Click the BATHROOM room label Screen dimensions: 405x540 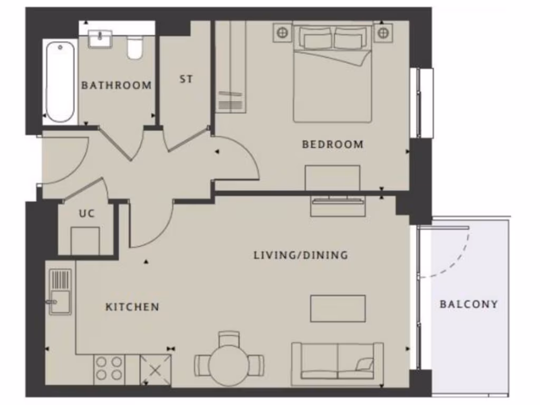(116, 85)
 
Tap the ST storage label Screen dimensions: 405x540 (186, 79)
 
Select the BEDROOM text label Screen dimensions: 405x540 (332, 144)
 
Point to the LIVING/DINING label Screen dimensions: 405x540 (301, 255)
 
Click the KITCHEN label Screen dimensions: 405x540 (132, 307)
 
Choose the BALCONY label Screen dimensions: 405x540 (469, 304)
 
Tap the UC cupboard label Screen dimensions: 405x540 (86, 214)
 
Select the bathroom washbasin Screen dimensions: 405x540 (100, 39)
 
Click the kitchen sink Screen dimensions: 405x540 (60, 292)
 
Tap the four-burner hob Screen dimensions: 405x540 (110, 369)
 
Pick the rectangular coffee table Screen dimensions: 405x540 (337, 308)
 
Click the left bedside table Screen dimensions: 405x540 (283, 33)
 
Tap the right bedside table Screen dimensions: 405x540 (383, 33)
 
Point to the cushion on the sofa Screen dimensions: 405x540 (364, 364)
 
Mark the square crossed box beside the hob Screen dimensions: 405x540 (156, 369)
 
